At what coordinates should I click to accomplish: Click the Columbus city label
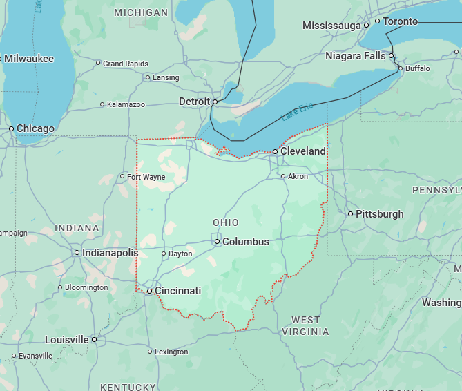coord(245,242)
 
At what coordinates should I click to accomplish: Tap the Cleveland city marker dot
coord(275,151)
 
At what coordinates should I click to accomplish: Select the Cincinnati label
coord(177,291)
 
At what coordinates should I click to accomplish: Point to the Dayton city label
coord(180,254)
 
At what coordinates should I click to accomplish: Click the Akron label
coord(298,176)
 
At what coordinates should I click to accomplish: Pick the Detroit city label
coord(194,102)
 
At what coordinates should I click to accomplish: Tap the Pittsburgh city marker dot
coord(350,213)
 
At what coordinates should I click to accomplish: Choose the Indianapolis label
coord(110,253)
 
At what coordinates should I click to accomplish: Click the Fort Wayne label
coord(146,177)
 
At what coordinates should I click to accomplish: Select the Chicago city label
coord(35,128)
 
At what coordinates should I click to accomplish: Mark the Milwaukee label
coord(30,59)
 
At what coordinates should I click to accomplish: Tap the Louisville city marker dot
coord(94,340)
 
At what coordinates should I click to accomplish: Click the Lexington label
coord(171,352)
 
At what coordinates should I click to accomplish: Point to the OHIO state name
coord(226,222)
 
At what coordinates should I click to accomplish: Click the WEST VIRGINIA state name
coord(305,325)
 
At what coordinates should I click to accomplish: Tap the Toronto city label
coord(401,21)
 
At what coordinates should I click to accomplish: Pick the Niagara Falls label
coord(356,55)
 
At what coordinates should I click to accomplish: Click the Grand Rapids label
coord(126,64)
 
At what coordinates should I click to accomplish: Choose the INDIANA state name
coord(77,228)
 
